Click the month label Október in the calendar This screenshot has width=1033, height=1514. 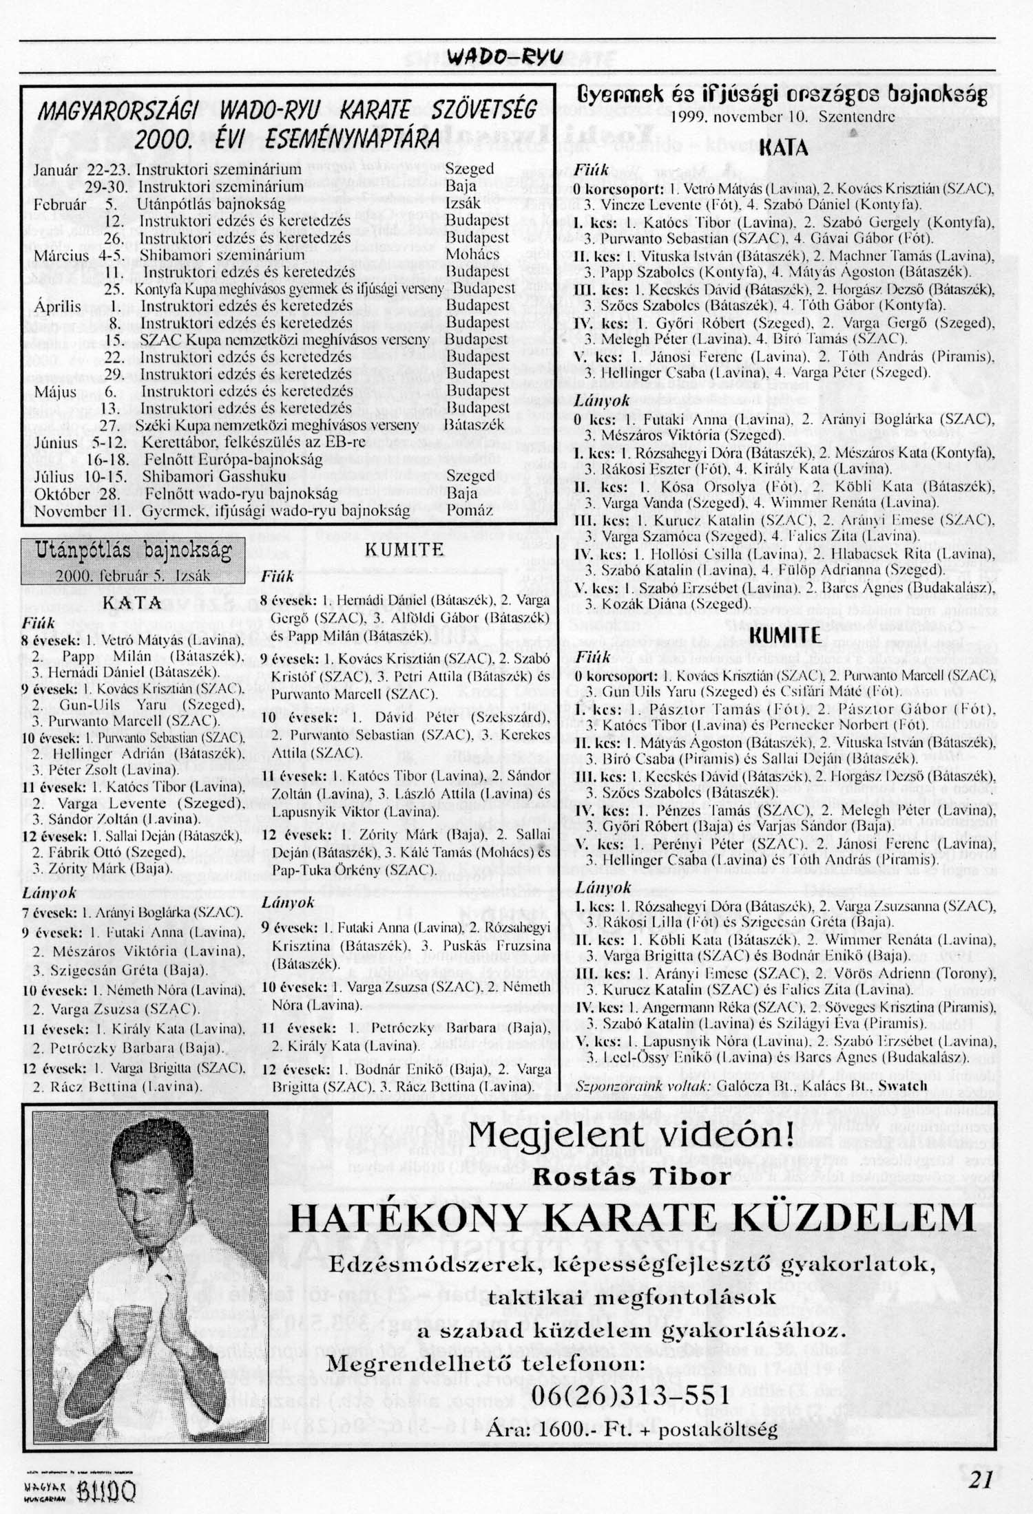point(63,494)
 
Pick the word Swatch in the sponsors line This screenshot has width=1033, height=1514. point(904,1086)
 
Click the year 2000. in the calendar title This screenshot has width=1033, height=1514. point(163,139)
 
